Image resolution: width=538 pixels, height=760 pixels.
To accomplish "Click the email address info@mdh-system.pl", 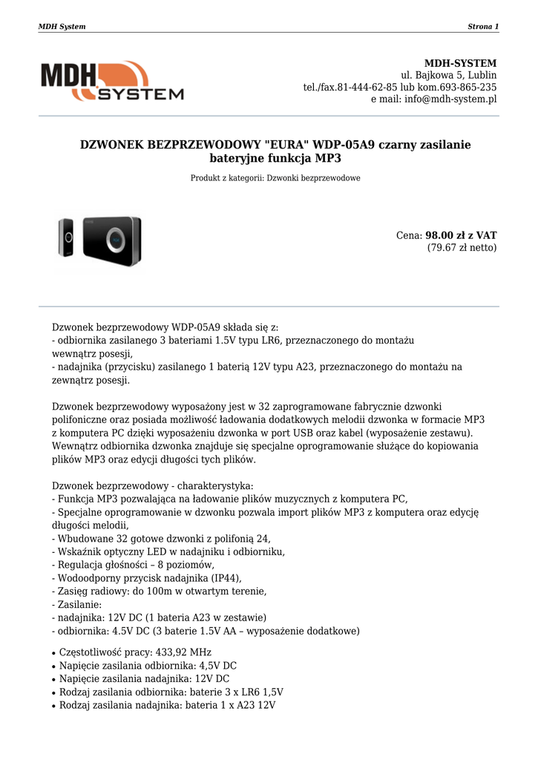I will pos(450,99).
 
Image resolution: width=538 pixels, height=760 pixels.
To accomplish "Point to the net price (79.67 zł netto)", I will pos(462,248).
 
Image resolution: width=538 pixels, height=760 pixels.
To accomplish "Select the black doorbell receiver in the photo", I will pos(111,240).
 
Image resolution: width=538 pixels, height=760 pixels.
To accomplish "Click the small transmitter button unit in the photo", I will pos(66,237).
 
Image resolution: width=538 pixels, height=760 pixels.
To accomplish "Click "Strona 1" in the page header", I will pos(483,27).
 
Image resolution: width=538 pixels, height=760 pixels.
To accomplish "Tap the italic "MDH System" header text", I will pos(62,27).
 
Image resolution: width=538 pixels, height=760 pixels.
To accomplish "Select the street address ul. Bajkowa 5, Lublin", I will pos(449,76).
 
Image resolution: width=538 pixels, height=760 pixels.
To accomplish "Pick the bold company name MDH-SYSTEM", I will pos(460,63).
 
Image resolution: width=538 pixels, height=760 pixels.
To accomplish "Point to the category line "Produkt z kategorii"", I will pos(275,178).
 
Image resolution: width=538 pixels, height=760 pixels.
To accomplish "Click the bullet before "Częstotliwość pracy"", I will pos(54,653).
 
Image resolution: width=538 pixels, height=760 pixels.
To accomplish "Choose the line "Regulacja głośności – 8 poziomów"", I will pos(134,565).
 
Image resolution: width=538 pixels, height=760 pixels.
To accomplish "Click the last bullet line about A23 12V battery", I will pos(168,705).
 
